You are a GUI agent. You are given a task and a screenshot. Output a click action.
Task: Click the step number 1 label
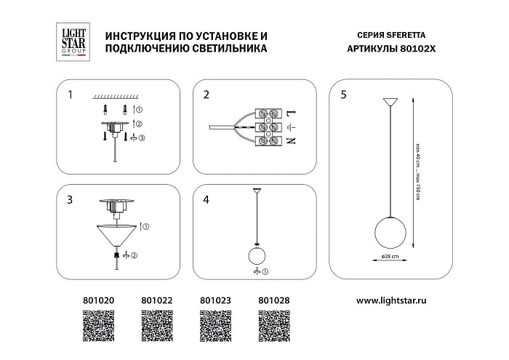click(x=70, y=95)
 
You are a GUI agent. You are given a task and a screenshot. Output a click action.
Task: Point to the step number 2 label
click(x=207, y=95)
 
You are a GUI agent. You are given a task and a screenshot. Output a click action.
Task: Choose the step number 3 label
click(x=70, y=199)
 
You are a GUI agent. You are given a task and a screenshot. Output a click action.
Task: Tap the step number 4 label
click(x=207, y=199)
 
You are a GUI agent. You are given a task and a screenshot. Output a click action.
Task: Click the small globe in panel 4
click(x=256, y=257)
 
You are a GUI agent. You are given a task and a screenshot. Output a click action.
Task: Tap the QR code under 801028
click(x=273, y=324)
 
